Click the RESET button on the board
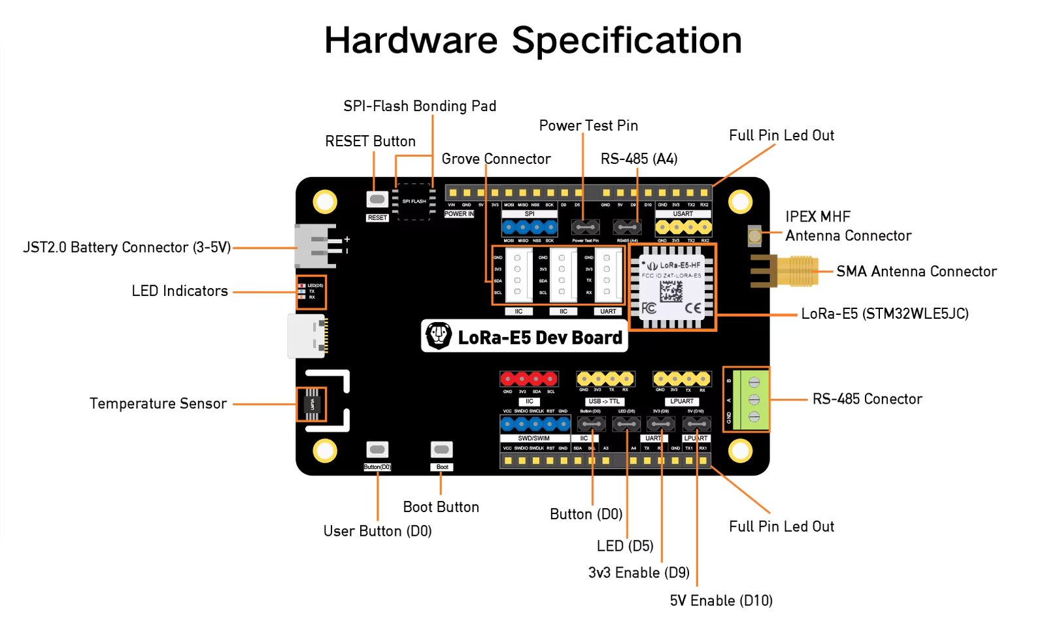[x=377, y=199]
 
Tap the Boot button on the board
[x=441, y=449]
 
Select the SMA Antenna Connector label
[x=916, y=271]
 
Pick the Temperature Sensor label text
[x=158, y=404]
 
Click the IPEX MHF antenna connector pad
[x=754, y=235]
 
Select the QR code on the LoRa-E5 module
[x=671, y=291]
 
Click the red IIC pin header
[x=529, y=379]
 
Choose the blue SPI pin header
[x=530, y=227]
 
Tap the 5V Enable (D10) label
[x=720, y=600]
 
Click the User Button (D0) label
[x=377, y=531]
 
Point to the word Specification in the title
[x=626, y=40]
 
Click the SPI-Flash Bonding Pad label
[x=420, y=106]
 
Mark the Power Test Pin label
[x=588, y=125]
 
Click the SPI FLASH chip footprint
[x=414, y=201]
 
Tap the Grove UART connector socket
[x=607, y=275]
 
